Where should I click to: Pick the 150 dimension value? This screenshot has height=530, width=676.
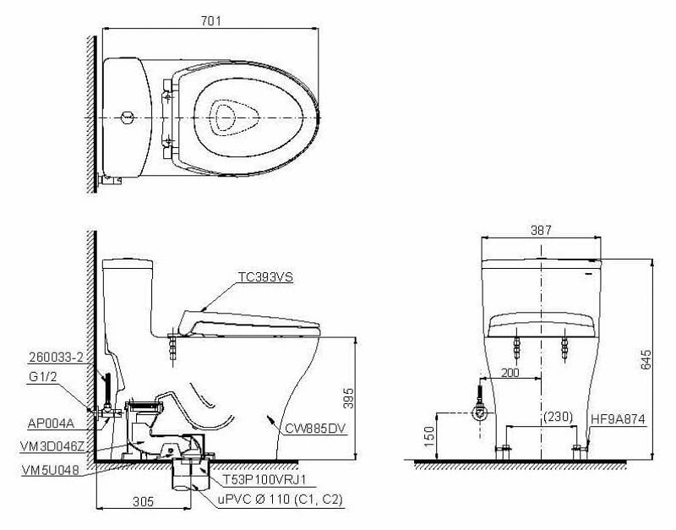pyautogui.click(x=428, y=437)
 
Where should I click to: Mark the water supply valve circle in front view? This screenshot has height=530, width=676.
pyautogui.click(x=479, y=413)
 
